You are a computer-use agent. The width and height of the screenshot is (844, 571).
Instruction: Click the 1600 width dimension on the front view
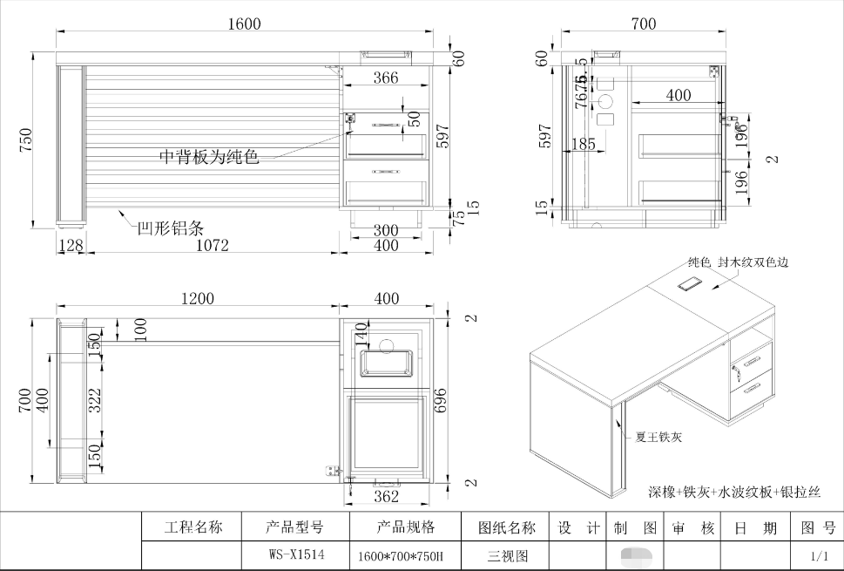pyautogui.click(x=244, y=24)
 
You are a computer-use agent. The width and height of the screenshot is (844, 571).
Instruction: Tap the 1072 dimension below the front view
pyautogui.click(x=212, y=245)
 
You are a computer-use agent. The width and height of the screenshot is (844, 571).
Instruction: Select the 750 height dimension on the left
pyautogui.click(x=25, y=140)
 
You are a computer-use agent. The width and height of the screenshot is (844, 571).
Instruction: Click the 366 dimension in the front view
pyautogui.click(x=386, y=78)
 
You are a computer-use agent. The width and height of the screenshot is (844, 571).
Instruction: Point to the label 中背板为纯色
pyautogui.click(x=209, y=157)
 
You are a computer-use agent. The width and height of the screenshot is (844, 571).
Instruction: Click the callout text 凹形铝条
pyautogui.click(x=171, y=228)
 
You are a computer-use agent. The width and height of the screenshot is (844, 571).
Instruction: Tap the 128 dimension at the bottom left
pyautogui.click(x=71, y=245)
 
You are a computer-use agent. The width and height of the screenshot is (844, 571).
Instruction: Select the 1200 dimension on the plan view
pyautogui.click(x=198, y=298)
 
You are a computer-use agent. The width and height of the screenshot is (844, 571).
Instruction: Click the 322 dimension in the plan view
pyautogui.click(x=97, y=398)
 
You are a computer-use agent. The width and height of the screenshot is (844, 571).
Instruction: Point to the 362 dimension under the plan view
pyautogui.click(x=386, y=496)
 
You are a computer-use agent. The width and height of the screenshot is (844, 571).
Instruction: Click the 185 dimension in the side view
pyautogui.click(x=583, y=144)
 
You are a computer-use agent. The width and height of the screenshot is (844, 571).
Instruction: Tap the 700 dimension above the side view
pyautogui.click(x=644, y=24)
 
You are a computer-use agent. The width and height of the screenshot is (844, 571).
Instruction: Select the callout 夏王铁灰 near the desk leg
pyautogui.click(x=659, y=437)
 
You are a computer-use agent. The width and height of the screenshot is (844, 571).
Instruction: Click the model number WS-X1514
pyautogui.click(x=295, y=554)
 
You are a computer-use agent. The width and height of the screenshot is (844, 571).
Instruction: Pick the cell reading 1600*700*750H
pyautogui.click(x=401, y=555)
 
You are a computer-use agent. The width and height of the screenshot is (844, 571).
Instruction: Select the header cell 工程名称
pyautogui.click(x=193, y=527)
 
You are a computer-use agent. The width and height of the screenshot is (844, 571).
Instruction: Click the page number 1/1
pyautogui.click(x=819, y=555)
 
